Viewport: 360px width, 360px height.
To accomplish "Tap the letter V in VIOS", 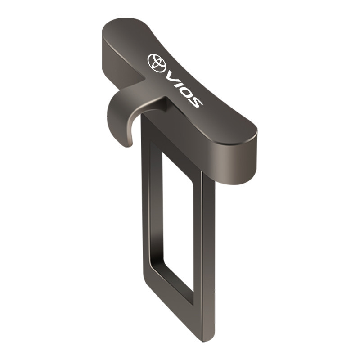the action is pos(172,77).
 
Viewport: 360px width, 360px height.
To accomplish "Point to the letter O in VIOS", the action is pos(186,92).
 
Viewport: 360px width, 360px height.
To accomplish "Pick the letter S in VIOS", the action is pos(195,101).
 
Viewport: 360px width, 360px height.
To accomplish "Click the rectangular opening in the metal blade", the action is pos(178,227).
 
